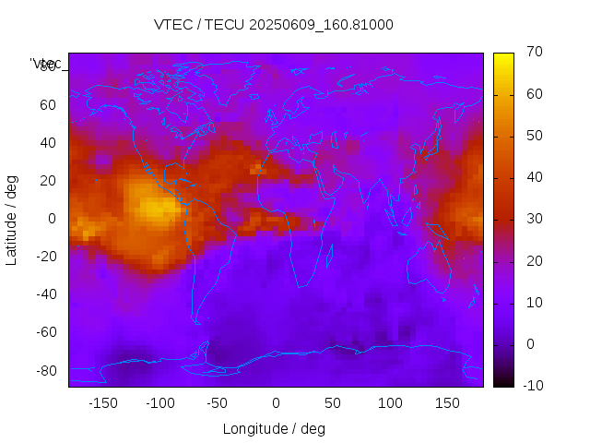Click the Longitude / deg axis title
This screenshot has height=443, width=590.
tap(274, 429)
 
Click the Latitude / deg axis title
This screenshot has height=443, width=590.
tap(12, 220)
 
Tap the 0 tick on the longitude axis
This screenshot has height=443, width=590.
tap(276, 403)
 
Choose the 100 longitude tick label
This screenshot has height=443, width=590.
tap(391, 403)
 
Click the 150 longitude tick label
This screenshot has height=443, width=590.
tap(448, 403)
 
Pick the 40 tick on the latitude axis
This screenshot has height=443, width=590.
tap(46, 142)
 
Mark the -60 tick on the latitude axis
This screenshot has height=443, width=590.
tap(43, 332)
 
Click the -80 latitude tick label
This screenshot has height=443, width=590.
tap(43, 370)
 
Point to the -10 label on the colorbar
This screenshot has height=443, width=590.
tap(530, 386)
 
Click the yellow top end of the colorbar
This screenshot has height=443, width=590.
tap(503, 57)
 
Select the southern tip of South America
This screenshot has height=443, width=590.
tap(196, 321)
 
